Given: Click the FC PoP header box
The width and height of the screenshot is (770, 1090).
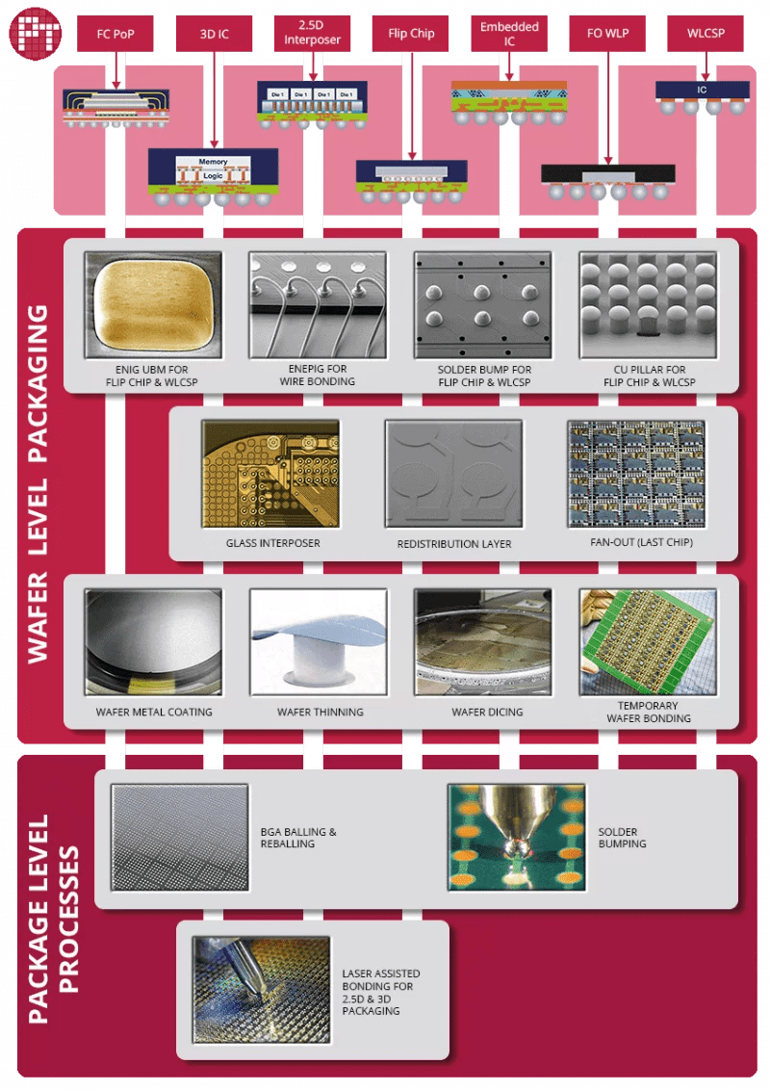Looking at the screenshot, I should (x=115, y=34).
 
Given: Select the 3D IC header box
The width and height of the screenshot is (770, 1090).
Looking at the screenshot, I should (x=214, y=34).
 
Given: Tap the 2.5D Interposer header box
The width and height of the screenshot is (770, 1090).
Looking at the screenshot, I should (x=312, y=33).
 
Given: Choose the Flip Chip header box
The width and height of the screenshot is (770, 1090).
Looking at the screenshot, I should (x=410, y=34).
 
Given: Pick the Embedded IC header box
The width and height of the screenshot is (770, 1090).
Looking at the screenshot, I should (x=509, y=33).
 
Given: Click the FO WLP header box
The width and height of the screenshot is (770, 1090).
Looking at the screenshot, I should (x=607, y=34).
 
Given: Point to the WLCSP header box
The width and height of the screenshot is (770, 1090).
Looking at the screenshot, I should (x=706, y=34).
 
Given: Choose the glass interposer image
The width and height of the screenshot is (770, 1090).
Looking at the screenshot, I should (x=270, y=473).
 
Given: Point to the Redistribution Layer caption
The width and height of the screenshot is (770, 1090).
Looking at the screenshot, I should (x=454, y=544).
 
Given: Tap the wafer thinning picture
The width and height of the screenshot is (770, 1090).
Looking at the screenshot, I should (x=318, y=641).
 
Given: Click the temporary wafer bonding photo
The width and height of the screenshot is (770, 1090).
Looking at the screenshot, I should (x=648, y=641).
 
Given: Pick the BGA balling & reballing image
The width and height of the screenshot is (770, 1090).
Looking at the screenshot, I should (x=179, y=837).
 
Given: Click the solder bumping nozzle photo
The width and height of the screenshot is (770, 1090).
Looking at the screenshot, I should (x=516, y=837).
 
